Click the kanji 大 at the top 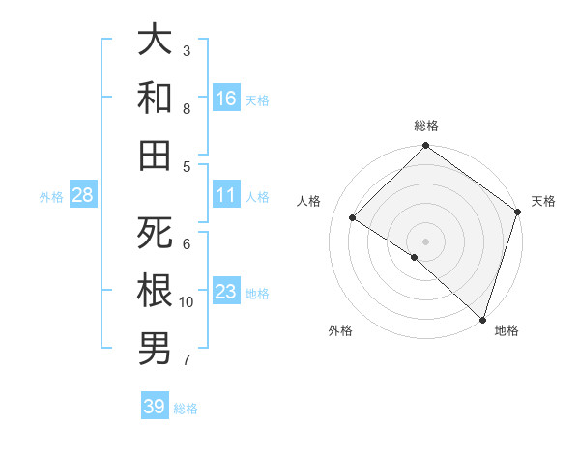155,40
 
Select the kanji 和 155,98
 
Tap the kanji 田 155,156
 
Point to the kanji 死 155,233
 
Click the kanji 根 155,291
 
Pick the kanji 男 155,349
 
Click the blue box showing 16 226,99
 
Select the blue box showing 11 226,195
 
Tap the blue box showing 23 226,292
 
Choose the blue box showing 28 83,195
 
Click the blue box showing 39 155,407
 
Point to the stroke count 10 187,302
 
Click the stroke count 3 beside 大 187,50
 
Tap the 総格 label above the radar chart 426,126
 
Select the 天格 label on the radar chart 543,201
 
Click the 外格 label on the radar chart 340,330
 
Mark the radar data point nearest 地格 481,318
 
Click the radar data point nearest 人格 353,217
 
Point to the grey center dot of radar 426,241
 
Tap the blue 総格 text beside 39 186,409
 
